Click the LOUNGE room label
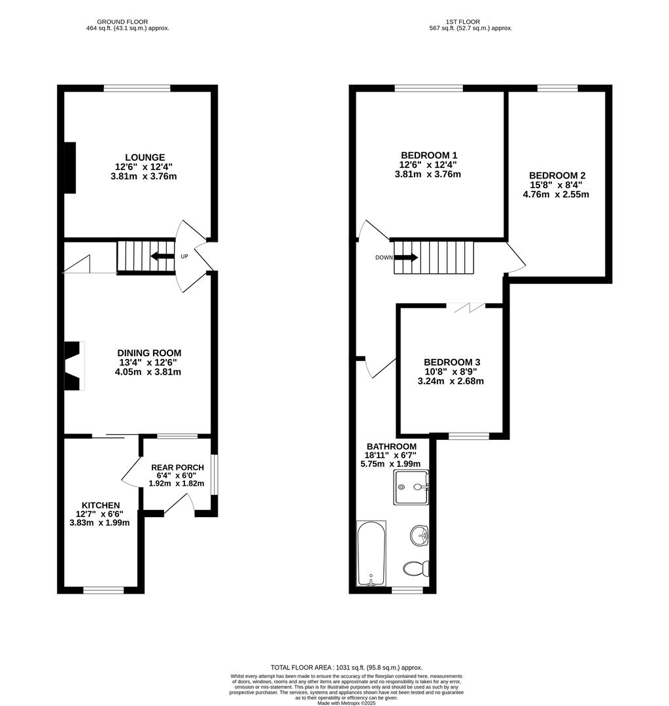[145, 158]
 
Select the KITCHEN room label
[100, 505]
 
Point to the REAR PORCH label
[177, 467]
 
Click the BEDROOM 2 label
[557, 175]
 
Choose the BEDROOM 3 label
[451, 362]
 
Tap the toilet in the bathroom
[415, 568]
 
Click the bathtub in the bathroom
[371, 553]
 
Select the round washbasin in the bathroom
[419, 537]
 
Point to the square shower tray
[411, 487]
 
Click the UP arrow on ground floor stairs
[162, 256]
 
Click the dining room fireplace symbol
[73, 366]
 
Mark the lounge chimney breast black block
[69, 167]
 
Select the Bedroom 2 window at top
[557, 88]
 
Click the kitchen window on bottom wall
[103, 590]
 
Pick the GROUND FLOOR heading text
[127, 22]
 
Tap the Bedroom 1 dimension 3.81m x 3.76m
[428, 175]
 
